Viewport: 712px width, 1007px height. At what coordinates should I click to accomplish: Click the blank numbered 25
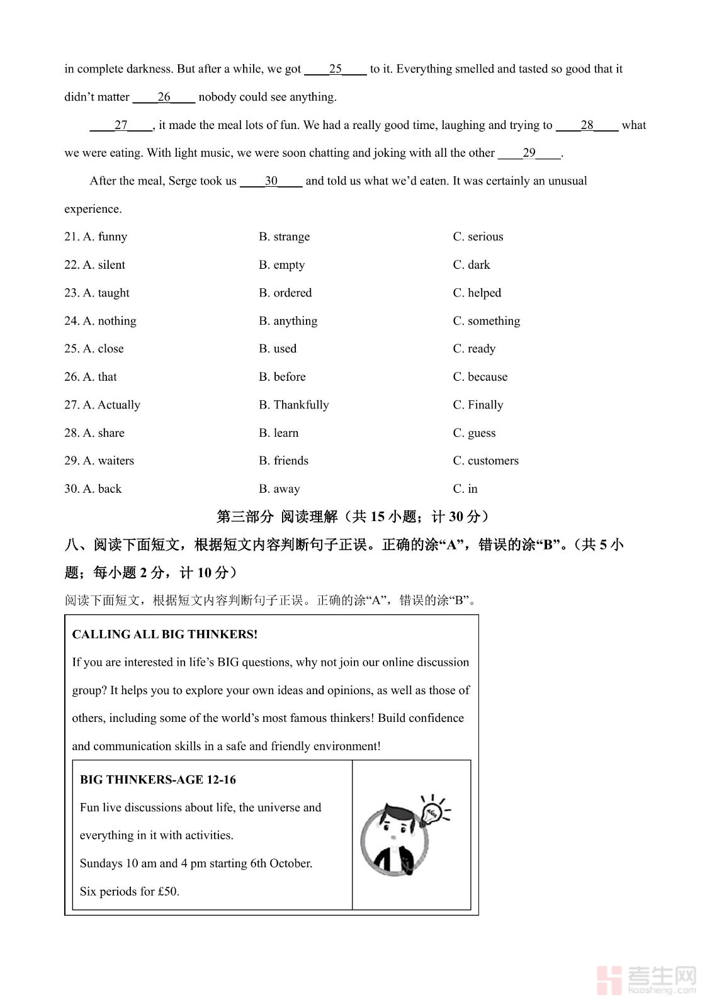pyautogui.click(x=336, y=69)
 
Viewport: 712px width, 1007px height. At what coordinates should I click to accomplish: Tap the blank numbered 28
pyautogui.click(x=587, y=125)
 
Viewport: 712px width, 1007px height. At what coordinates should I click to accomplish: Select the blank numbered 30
pyautogui.click(x=271, y=181)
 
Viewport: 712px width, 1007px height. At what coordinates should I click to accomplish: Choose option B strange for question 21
pyautogui.click(x=285, y=237)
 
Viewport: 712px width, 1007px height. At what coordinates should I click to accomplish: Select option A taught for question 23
pyautogui.click(x=106, y=293)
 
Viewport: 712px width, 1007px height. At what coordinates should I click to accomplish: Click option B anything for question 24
pyautogui.click(x=288, y=321)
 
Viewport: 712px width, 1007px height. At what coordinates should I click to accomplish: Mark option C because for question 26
pyautogui.click(x=480, y=377)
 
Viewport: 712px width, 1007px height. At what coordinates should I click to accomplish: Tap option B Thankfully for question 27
pyautogui.click(x=294, y=405)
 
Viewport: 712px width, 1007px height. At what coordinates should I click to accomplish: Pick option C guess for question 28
pyautogui.click(x=474, y=433)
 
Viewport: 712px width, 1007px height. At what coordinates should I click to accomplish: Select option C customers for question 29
pyautogui.click(x=486, y=461)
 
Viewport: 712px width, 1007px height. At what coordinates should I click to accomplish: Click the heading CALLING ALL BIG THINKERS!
pyautogui.click(x=165, y=634)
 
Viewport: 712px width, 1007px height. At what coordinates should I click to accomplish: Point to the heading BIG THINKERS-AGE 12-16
pyautogui.click(x=158, y=780)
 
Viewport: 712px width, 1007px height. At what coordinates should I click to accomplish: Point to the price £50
pyautogui.click(x=168, y=892)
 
